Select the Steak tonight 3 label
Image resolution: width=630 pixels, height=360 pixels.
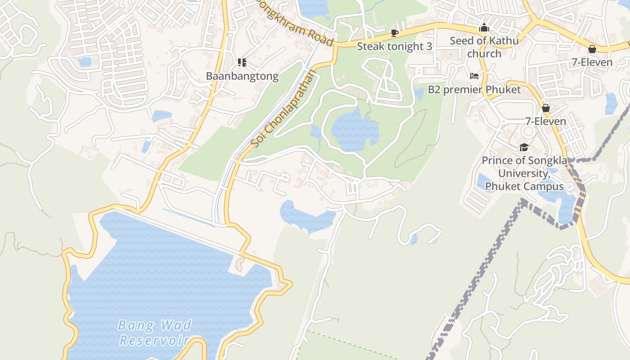[394, 46]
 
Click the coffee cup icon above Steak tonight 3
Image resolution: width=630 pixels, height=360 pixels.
[395, 33]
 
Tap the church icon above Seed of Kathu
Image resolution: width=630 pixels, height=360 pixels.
[484, 28]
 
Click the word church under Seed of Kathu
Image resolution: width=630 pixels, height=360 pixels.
[484, 54]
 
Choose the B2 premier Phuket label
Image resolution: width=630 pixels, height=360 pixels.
[474, 90]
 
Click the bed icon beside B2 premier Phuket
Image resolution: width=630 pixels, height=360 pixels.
[474, 76]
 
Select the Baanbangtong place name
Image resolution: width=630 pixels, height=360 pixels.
[242, 76]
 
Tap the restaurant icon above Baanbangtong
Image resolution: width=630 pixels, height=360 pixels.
[242, 63]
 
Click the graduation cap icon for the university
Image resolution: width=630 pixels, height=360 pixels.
[523, 147]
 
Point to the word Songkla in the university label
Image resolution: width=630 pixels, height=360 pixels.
[545, 161]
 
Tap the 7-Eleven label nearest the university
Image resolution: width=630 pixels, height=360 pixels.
[546, 121]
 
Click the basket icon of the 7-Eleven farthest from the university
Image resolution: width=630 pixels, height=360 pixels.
[592, 49]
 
